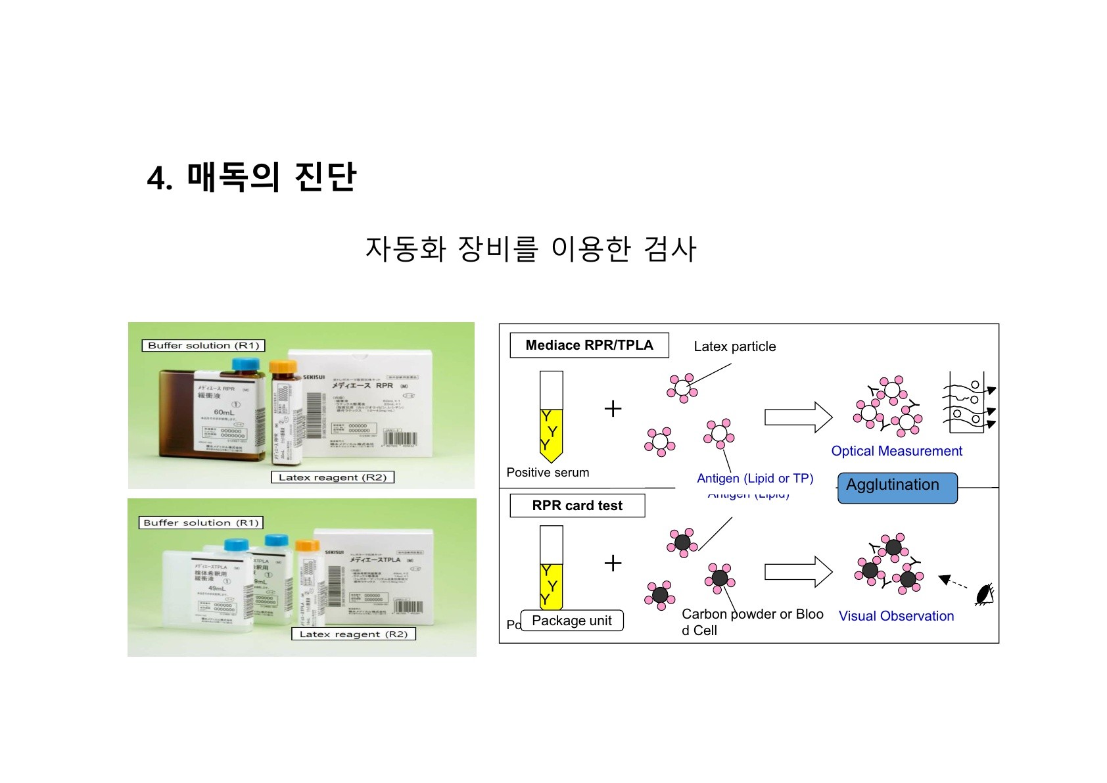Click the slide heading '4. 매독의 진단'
point(251,178)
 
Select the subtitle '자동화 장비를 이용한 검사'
point(530,249)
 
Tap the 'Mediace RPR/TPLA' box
point(589,345)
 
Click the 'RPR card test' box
point(577,506)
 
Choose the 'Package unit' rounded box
point(571,621)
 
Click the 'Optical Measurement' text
point(896,451)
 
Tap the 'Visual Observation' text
point(896,616)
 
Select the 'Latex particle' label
point(734,346)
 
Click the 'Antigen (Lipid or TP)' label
point(755,479)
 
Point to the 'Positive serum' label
point(548,472)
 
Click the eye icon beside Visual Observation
point(984,594)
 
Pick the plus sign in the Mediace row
point(613,409)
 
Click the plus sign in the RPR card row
point(613,563)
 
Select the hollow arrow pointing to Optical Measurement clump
point(798,417)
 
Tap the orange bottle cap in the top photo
point(283,366)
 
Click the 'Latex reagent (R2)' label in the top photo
point(333,477)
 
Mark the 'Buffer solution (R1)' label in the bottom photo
point(201,523)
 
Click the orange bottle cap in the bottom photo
point(307,545)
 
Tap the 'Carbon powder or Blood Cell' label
point(752,622)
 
